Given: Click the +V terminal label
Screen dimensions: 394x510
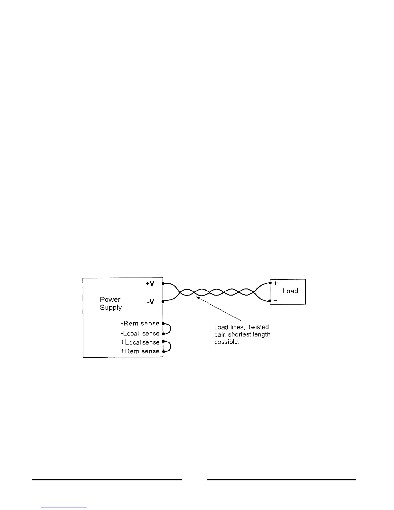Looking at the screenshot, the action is pos(150,284).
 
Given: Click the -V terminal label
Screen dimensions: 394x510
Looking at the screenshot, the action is pos(151,302).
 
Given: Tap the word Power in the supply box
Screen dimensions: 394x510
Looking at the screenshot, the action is pos(110,299).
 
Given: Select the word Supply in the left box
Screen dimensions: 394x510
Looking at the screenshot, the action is pos(111,307).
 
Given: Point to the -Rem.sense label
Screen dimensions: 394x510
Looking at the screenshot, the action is pos(140,323).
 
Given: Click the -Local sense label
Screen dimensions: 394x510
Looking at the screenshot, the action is pos(140,334).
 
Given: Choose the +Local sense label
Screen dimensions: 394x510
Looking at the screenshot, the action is pos(140,342).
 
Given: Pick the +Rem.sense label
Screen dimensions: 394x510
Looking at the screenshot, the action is pos(140,351).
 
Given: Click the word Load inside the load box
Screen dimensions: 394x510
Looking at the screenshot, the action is pos(290,291).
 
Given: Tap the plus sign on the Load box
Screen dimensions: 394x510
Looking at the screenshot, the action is pos(276,284).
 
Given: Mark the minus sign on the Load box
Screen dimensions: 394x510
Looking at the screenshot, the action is pos(276,300).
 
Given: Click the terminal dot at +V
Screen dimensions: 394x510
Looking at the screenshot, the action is pos(163,284).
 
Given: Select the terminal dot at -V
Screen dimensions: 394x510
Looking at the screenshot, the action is pos(163,301).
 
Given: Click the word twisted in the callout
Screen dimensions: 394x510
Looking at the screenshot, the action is pos(258,327).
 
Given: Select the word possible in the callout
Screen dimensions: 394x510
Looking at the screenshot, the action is pos(227,342).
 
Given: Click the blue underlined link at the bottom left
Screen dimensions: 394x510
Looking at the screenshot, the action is pos(64,507).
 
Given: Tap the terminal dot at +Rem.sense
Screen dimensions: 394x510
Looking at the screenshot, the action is pos(163,352).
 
